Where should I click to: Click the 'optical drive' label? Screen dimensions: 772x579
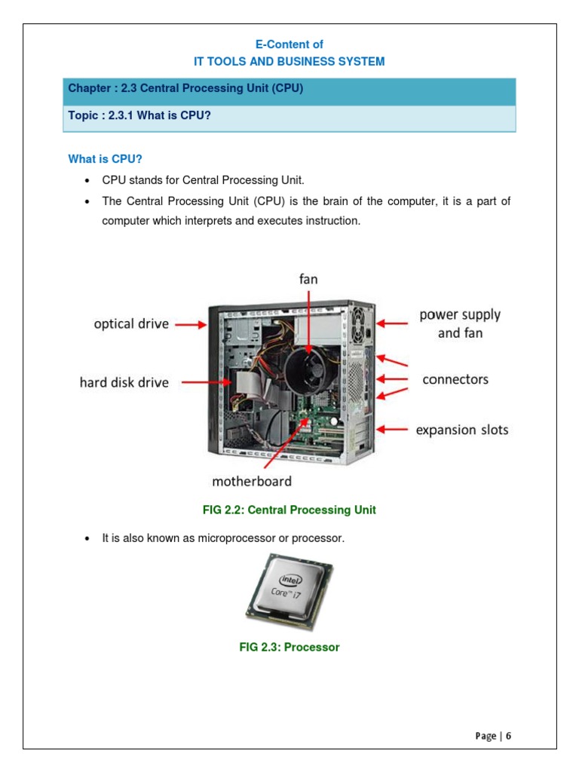coord(131,324)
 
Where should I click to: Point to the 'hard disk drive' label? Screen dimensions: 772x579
coord(124,382)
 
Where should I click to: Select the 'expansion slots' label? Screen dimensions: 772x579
coord(462,430)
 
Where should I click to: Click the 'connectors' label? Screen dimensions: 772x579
coord(455,379)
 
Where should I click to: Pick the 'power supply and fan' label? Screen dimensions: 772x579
coord(460,323)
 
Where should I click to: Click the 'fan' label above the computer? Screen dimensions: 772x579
coord(308,279)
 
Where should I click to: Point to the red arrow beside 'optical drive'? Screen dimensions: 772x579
coord(191,325)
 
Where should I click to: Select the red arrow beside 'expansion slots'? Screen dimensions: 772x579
coord(391,430)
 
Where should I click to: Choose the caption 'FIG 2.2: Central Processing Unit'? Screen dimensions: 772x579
coord(289,510)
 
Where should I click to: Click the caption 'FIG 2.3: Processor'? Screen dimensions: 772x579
coord(289,648)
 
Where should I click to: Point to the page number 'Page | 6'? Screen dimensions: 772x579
coord(493,737)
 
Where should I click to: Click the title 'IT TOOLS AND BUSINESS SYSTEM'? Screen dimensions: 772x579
coord(289,61)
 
